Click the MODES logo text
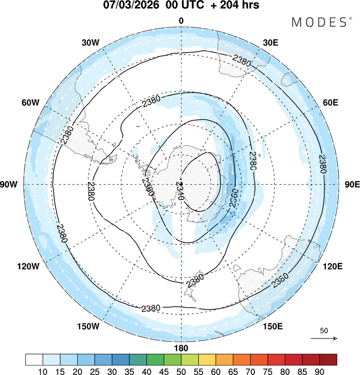[321, 22]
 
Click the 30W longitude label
[90, 42]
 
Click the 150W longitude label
[88, 327]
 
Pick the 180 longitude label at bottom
[181, 348]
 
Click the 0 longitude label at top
[181, 20]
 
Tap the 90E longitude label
[352, 185]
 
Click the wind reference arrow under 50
[324, 338]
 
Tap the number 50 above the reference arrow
[324, 330]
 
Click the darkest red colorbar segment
[328, 359]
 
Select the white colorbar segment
[34, 359]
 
